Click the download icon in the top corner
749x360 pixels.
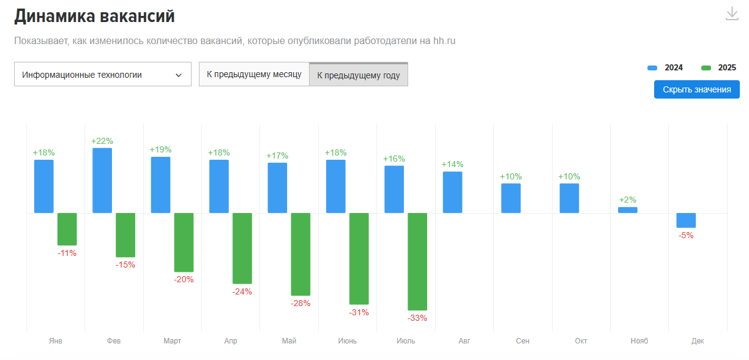[x=732, y=14]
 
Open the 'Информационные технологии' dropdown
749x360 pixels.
[x=103, y=75]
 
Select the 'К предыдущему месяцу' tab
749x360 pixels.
[x=254, y=75]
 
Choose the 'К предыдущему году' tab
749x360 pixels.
[x=359, y=75]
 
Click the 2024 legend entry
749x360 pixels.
[x=665, y=68]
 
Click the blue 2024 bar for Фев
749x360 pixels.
[x=102, y=181]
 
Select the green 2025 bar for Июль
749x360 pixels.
[x=417, y=261]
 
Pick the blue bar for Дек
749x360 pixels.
[x=686, y=220]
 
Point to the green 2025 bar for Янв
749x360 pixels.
[x=67, y=229]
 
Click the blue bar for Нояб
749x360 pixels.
[x=627, y=210]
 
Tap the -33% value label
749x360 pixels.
[x=417, y=318]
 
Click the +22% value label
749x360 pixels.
[x=102, y=141]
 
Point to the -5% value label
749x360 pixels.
[x=686, y=235]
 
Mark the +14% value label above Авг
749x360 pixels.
[x=452, y=164]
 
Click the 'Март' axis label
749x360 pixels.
[x=173, y=341]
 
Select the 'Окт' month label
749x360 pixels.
[x=581, y=341]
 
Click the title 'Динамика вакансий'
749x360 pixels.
[x=94, y=17]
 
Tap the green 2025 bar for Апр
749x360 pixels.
[x=242, y=248]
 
